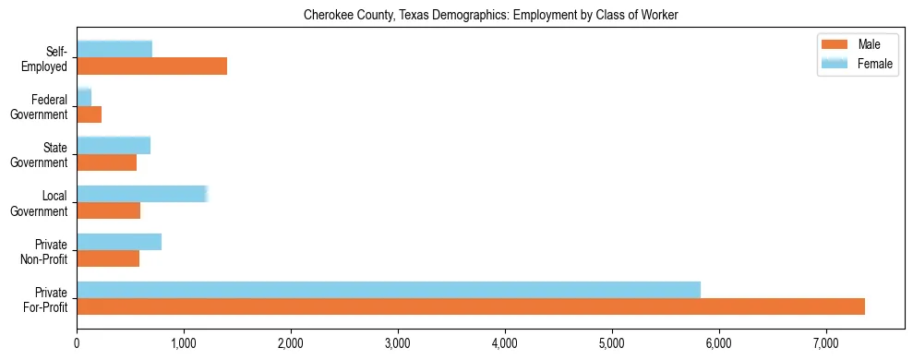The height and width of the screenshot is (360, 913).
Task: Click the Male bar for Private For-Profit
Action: point(471,306)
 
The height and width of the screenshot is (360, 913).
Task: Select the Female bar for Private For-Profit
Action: point(389,290)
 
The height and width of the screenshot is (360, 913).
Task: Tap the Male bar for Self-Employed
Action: point(151,66)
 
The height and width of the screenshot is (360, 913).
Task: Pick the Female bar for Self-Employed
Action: point(114,49)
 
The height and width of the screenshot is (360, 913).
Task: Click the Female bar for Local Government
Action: point(142,193)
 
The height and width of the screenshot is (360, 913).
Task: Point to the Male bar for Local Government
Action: point(108,210)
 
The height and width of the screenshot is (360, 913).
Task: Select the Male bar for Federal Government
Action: point(89,114)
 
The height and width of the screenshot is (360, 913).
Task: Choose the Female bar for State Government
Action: point(114,145)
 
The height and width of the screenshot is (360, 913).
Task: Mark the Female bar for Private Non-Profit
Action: point(119,242)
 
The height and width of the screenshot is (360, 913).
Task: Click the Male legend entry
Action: point(859,45)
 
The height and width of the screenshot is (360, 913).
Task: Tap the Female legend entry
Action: point(859,63)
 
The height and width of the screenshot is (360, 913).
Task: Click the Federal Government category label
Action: point(40,107)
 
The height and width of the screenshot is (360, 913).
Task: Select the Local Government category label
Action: point(40,203)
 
